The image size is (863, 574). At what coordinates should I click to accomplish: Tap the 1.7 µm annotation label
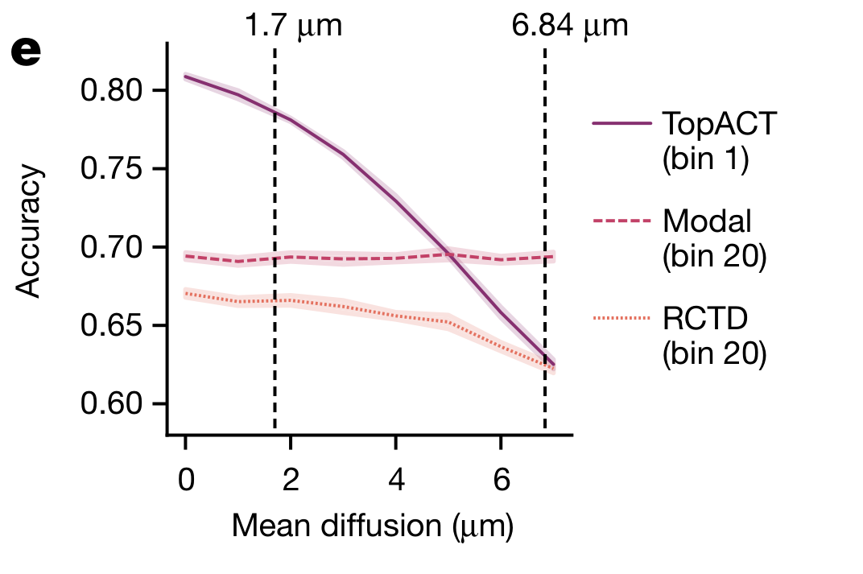293,26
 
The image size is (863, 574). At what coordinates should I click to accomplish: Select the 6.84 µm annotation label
569,26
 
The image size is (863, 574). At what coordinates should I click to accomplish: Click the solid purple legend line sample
621,123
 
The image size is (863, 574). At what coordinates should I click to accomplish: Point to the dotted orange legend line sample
621,319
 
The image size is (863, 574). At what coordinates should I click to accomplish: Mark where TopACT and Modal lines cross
449,254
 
